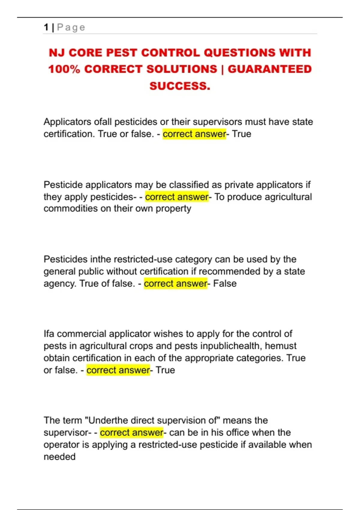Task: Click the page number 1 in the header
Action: point(46,27)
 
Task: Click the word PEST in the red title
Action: point(122,53)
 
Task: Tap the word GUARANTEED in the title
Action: point(270,69)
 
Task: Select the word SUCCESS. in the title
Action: point(180,86)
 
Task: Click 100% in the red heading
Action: point(64,69)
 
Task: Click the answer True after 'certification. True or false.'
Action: point(241,134)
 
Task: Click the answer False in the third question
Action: point(225,283)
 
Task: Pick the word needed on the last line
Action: point(59,457)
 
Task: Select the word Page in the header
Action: point(71,27)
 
